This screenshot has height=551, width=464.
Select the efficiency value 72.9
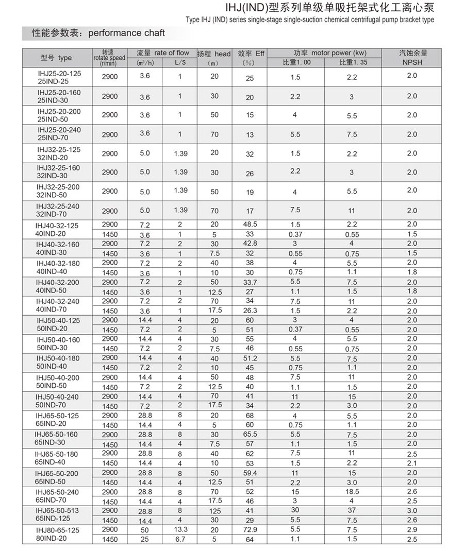click(250, 529)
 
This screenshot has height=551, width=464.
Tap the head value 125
click(214, 511)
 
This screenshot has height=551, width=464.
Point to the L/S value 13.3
click(180, 529)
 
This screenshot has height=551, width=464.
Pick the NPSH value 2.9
click(411, 529)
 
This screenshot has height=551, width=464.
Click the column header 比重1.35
click(352, 63)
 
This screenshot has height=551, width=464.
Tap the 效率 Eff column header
click(251, 54)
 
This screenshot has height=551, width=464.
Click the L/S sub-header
click(180, 63)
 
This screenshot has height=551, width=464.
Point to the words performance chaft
click(127, 33)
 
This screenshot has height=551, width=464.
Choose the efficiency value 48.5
click(250, 225)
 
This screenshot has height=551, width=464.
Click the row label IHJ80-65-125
click(58, 530)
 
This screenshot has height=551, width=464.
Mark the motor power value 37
click(352, 510)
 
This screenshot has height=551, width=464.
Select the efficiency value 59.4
click(250, 473)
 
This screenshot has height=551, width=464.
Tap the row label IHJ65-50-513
click(58, 510)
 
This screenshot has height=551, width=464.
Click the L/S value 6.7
click(180, 539)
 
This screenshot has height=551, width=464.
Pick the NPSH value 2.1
click(411, 463)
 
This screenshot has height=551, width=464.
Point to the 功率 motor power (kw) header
click(323, 53)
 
